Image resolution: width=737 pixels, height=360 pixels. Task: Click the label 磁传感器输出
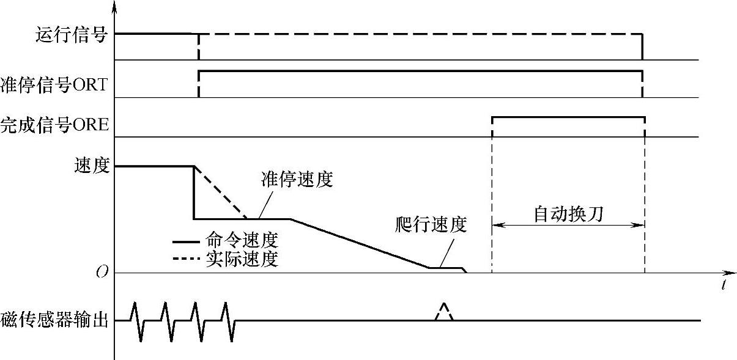click(x=54, y=320)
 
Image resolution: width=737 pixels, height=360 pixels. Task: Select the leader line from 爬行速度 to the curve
click(x=446, y=251)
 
